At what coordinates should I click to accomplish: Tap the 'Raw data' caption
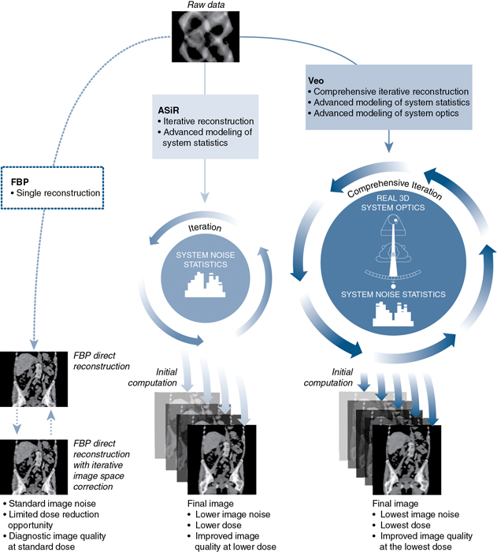tap(205, 6)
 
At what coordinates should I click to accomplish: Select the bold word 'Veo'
tap(317, 80)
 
